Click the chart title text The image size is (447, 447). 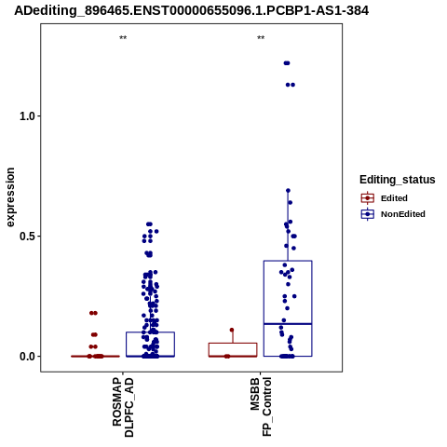[x=192, y=10]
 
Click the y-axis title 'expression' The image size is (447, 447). [x=10, y=197]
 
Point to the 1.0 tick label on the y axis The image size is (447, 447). [x=26, y=116]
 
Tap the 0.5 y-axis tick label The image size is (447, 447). [x=26, y=237]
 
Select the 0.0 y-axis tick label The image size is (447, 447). [x=26, y=357]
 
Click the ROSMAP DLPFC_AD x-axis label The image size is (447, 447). [x=123, y=407]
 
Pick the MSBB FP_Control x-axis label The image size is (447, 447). [x=261, y=407]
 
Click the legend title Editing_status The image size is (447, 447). [x=397, y=180]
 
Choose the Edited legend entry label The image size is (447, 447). [x=394, y=198]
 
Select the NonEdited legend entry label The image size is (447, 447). [x=403, y=214]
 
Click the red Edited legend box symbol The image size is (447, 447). [x=368, y=198]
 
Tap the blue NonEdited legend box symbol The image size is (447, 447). [x=368, y=214]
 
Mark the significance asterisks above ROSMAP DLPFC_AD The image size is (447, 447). [x=123, y=38]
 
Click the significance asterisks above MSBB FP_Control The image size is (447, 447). [x=261, y=38]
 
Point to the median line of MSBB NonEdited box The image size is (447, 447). [x=288, y=324]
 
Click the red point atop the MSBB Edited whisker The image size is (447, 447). [x=232, y=330]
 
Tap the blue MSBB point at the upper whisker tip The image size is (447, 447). [x=288, y=191]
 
